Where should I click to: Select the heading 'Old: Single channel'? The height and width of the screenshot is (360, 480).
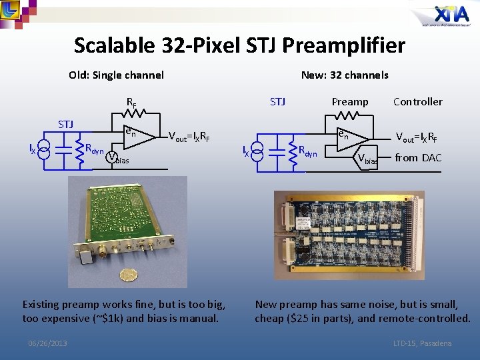[116, 75]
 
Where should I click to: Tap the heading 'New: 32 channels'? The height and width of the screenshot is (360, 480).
[345, 75]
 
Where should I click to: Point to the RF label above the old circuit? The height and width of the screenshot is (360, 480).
[131, 103]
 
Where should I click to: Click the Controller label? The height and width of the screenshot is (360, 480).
[417, 102]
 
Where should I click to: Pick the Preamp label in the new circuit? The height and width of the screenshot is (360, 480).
[350, 102]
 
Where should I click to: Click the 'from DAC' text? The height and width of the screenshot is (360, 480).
[418, 158]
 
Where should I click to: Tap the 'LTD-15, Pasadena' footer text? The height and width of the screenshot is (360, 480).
[422, 343]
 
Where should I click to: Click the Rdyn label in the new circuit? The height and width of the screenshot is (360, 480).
[307, 151]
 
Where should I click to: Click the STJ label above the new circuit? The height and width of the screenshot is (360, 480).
[277, 102]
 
